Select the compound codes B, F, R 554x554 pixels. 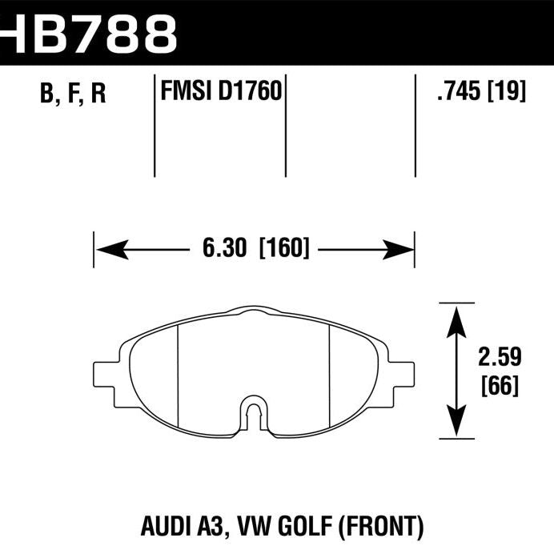pos(73,94)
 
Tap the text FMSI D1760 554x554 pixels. pos(219,92)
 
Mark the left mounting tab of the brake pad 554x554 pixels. pos(107,374)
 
